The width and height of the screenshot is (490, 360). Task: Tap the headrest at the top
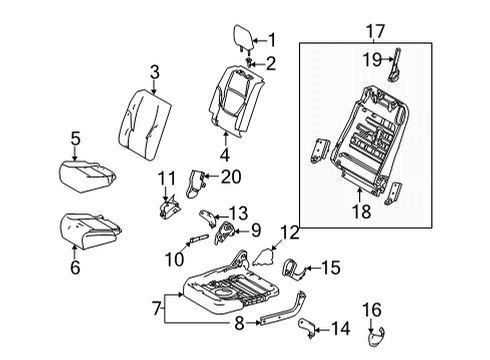243,38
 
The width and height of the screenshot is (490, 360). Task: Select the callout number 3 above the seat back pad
155,71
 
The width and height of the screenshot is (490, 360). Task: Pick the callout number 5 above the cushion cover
75,138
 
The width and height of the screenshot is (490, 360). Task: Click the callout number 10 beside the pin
238,212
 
